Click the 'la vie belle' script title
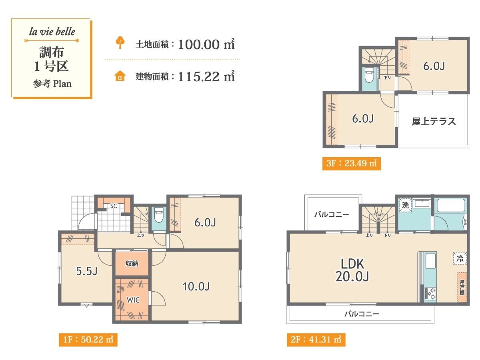click(x=52, y=32)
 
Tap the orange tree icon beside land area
click(x=120, y=42)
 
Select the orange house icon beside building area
click(x=120, y=76)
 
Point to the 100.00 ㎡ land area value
click(x=206, y=44)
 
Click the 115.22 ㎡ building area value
click(x=206, y=76)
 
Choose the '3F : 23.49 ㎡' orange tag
click(x=352, y=164)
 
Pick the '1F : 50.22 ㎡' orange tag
click(x=88, y=340)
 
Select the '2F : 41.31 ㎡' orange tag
click(x=316, y=340)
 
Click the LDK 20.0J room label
click(x=352, y=270)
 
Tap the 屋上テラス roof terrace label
click(x=434, y=122)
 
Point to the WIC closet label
click(x=133, y=300)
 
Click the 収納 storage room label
click(x=132, y=264)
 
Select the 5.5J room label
click(x=86, y=271)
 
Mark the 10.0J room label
click(x=196, y=286)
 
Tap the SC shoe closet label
click(x=114, y=206)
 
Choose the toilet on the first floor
click(x=159, y=215)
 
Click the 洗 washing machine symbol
click(x=405, y=205)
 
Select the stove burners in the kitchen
click(x=430, y=294)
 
